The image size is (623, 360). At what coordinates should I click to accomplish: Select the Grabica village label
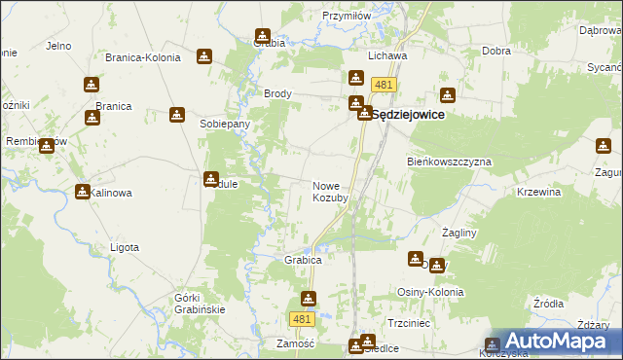tap(303, 261)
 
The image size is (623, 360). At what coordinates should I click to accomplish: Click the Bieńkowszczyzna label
tap(449, 161)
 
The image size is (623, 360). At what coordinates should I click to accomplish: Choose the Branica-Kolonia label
tap(143, 57)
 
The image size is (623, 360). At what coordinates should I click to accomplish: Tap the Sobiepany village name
tap(225, 125)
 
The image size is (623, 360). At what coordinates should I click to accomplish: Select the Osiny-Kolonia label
tap(429, 293)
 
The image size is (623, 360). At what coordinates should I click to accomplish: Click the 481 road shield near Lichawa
tap(384, 86)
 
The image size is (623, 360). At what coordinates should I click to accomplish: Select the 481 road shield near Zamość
tap(302, 319)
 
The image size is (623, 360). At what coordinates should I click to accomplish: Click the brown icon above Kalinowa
tap(83, 192)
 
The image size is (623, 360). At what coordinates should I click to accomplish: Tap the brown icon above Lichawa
tap(356, 78)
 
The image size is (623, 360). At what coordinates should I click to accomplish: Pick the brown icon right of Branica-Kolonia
tap(204, 56)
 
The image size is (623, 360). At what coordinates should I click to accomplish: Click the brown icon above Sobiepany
tap(177, 115)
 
